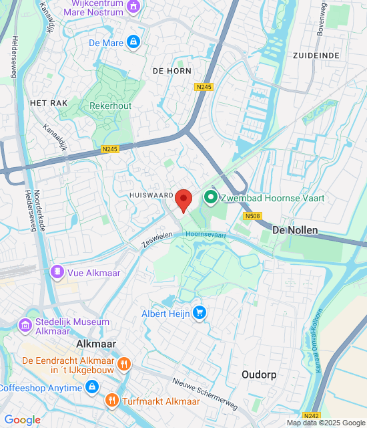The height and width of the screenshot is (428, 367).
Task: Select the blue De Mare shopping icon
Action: coord(133,42)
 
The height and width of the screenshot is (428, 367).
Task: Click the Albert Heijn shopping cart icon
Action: coord(199,312)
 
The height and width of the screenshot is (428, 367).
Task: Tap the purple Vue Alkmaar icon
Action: coord(57,272)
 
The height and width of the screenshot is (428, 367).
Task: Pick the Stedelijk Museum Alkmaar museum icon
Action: coord(26,326)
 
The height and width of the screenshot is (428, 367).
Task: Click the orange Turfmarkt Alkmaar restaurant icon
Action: coord(111,401)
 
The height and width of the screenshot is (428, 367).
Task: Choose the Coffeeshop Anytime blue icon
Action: coord(92,387)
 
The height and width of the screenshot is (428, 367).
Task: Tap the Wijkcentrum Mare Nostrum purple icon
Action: coord(134,7)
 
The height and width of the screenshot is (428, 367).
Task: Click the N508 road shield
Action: coord(252,216)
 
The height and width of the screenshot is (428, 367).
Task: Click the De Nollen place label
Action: coord(296,230)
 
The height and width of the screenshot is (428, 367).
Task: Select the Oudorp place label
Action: coord(258,374)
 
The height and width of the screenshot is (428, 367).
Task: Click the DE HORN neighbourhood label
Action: coord(171,70)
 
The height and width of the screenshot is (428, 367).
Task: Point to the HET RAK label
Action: coord(46,103)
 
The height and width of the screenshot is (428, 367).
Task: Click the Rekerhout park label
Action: coord(110,106)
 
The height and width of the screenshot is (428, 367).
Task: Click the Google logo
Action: coord(22,419)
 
